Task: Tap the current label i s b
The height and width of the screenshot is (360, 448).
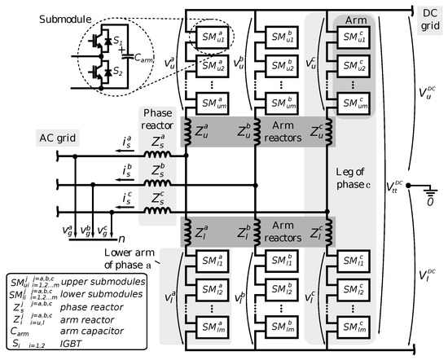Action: (124, 169)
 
